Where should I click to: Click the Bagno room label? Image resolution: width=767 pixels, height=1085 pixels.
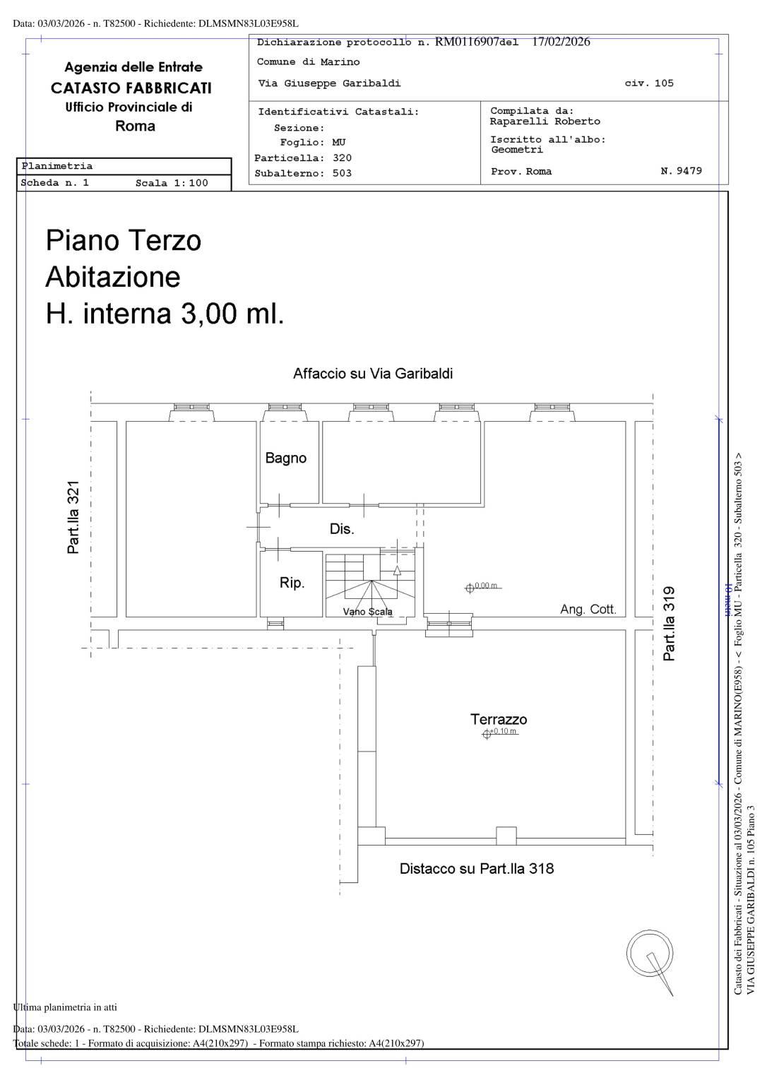coord(286,458)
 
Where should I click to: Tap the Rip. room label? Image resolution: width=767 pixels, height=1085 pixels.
coord(292,583)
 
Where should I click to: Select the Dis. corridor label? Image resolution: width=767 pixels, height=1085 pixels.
coord(342,529)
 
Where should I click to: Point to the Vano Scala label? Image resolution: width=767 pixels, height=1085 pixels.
coord(367,612)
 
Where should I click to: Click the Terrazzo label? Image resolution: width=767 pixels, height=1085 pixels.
coord(499,719)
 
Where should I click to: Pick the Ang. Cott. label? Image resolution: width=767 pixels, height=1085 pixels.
coord(588,610)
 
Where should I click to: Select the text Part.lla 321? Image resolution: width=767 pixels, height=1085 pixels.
coord(73,517)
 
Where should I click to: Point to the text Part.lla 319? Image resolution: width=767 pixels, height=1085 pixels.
coord(669,624)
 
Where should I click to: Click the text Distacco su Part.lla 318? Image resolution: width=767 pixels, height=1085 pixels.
coord(477,868)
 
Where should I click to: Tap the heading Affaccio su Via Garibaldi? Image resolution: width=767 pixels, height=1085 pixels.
coord(373,374)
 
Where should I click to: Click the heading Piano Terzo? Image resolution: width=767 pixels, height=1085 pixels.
coord(124,240)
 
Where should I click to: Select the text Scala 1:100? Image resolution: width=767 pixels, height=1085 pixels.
coord(172,183)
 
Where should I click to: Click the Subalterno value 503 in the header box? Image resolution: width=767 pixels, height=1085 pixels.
coord(342,173)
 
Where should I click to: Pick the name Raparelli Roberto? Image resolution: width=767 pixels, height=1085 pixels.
coord(545,121)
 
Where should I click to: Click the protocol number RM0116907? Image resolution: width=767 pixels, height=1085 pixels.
coord(467,42)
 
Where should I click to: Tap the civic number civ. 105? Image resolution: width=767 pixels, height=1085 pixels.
coord(649,83)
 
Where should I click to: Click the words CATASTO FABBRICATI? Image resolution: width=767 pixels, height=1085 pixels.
coord(131,88)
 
